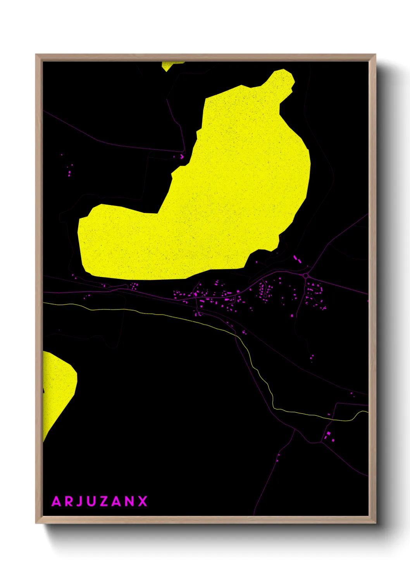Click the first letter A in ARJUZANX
pyautogui.click(x=57, y=501)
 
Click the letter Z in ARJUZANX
pyautogui.click(x=104, y=501)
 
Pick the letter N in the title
pyautogui.click(x=129, y=501)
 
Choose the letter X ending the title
pyautogui.click(x=143, y=501)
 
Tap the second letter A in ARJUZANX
pyautogui.click(x=117, y=501)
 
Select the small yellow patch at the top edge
pyautogui.click(x=171, y=65)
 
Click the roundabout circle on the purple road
pyautogui.click(x=305, y=275)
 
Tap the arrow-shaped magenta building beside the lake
pyautogui.click(x=181, y=157)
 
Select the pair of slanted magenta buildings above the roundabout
pyautogui.click(x=297, y=259)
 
